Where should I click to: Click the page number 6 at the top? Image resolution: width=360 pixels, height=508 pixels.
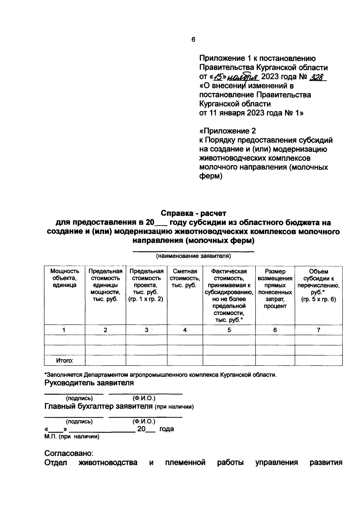[193, 40]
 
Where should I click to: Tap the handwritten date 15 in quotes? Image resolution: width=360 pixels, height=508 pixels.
[217, 77]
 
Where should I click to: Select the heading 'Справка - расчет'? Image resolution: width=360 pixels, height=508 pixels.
[193, 213]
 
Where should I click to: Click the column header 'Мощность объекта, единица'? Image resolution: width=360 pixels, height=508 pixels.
[64, 278]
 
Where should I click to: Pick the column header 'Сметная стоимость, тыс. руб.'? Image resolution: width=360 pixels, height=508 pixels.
[185, 278]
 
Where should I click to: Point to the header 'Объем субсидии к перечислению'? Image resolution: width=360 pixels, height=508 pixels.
[319, 285]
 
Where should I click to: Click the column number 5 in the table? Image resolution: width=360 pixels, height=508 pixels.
[229, 330]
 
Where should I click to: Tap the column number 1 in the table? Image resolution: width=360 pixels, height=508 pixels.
[64, 330]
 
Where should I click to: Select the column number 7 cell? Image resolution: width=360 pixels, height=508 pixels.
[319, 330]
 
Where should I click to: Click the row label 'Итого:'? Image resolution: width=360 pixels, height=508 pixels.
[64, 360]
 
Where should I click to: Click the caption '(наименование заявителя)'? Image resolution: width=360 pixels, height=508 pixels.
[193, 256]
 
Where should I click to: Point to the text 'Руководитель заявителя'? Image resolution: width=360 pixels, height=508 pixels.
[89, 383]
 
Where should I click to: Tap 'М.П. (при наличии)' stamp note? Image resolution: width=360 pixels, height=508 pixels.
[72, 437]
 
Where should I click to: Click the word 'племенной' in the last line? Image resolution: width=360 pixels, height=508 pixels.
[185, 462]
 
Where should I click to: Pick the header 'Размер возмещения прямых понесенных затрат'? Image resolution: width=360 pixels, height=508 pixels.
[275, 288]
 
